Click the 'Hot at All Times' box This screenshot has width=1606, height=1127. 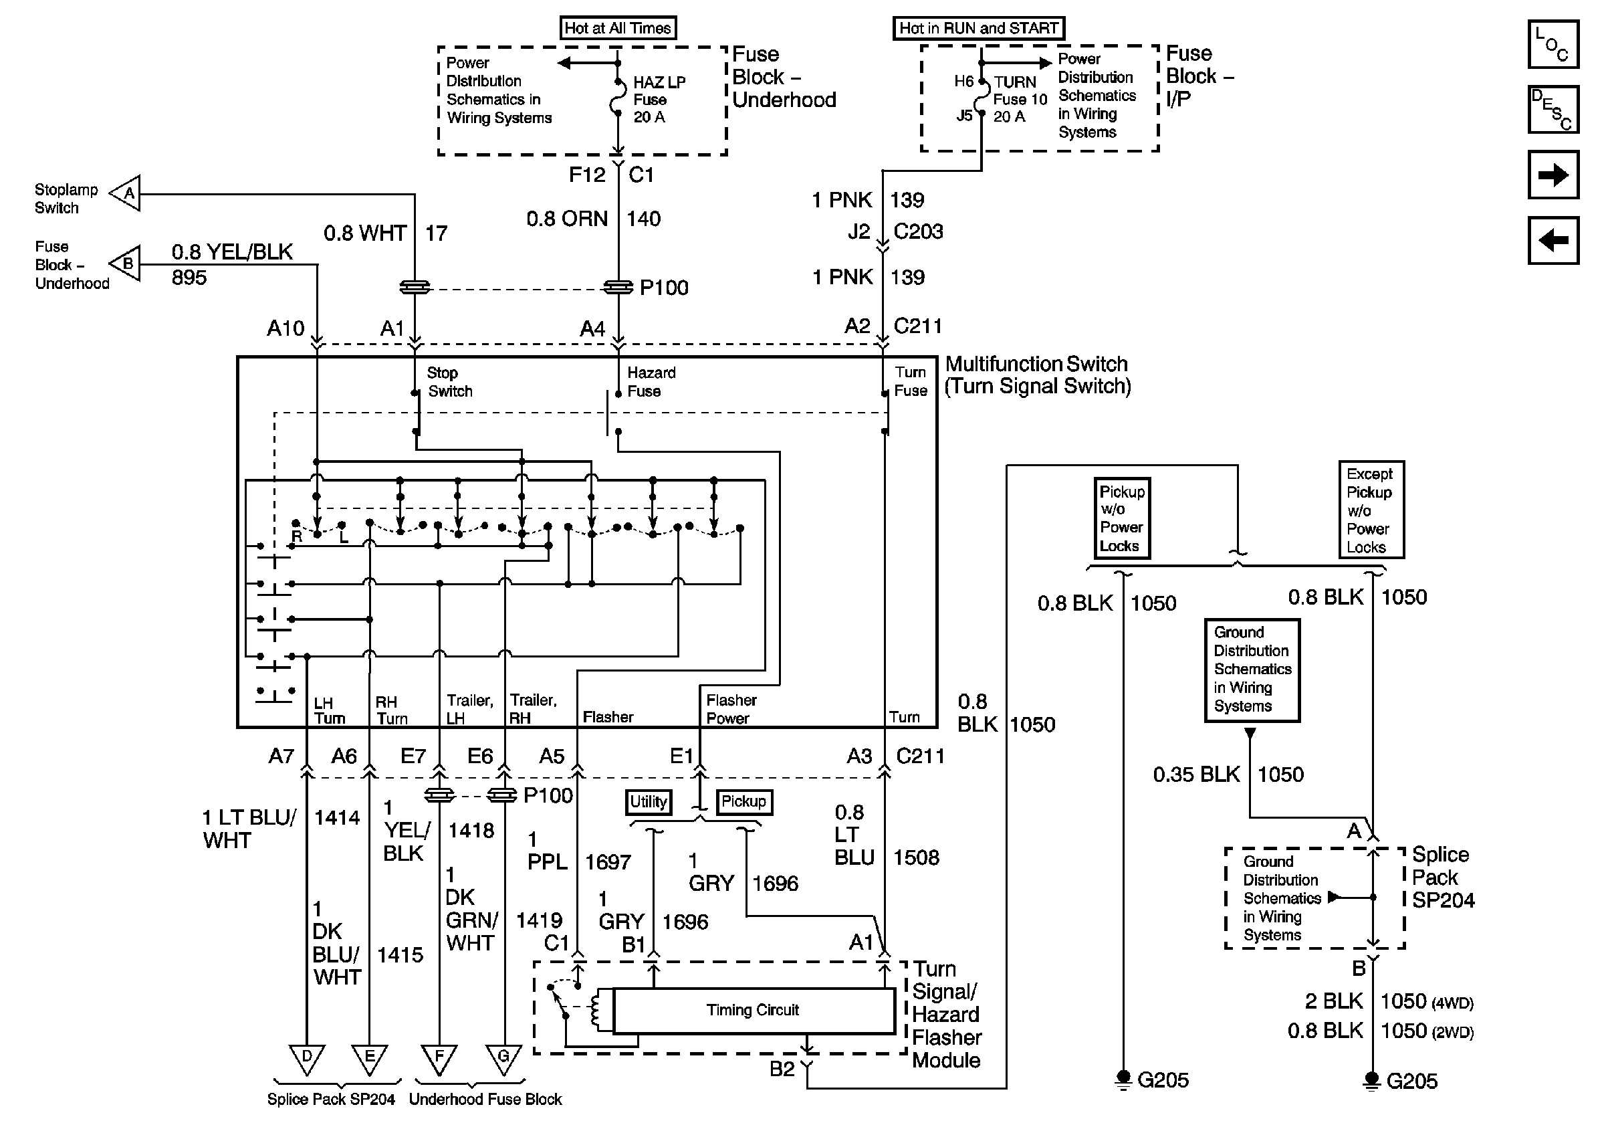click(x=618, y=28)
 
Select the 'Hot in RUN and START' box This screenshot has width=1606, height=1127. click(x=979, y=28)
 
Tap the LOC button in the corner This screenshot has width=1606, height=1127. click(x=1553, y=44)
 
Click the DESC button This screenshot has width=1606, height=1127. click(x=1553, y=109)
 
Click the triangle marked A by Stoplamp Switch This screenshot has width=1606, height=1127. click(x=126, y=193)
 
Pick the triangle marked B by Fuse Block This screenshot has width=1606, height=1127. click(x=126, y=264)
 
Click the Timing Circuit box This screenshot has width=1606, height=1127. click(x=754, y=1010)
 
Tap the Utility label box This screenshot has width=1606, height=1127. click(x=649, y=802)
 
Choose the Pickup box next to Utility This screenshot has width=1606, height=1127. click(x=743, y=802)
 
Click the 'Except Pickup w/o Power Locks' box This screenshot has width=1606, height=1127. click(x=1371, y=510)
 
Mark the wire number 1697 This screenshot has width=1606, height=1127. click(x=608, y=862)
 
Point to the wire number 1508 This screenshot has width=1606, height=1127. click(x=916, y=857)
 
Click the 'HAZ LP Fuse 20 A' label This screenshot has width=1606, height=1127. click(x=659, y=100)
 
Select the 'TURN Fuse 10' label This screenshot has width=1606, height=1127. click(x=1020, y=91)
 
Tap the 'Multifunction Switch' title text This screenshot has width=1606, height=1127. click(x=1036, y=365)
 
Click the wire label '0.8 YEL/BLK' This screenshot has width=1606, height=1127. click(x=232, y=252)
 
